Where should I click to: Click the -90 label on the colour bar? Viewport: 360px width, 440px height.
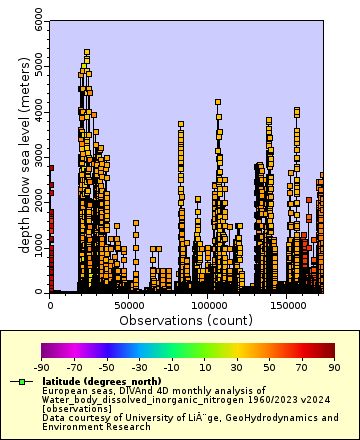pos(41,366)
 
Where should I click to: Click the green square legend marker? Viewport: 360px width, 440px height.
pos(20,382)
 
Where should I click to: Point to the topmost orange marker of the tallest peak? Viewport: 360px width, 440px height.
pos(87,51)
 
